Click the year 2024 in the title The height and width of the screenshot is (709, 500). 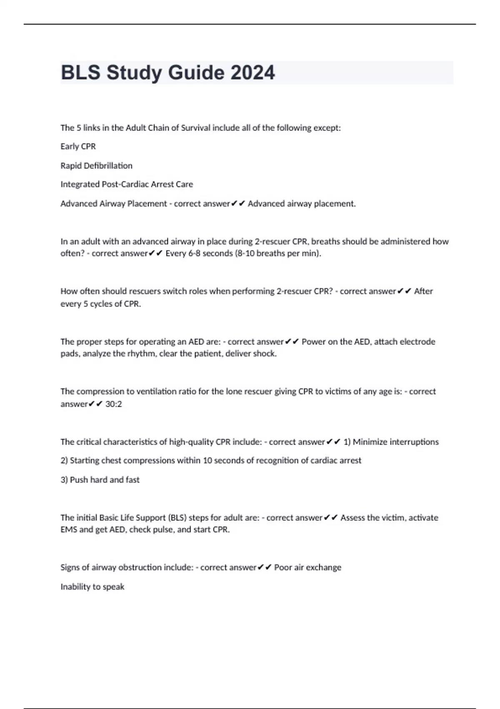[x=252, y=73]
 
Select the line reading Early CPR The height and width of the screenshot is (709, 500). [x=78, y=146]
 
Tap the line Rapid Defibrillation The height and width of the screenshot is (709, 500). [x=96, y=166]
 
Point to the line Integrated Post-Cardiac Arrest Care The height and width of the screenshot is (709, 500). [x=127, y=184]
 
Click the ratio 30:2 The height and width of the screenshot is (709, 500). [x=114, y=404]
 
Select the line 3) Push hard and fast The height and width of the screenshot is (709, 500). [x=100, y=480]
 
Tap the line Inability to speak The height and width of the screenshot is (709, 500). [x=92, y=586]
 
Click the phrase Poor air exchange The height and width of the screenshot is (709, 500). [x=307, y=567]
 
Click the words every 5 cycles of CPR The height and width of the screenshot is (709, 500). [x=100, y=304]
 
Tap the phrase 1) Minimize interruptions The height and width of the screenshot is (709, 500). [x=391, y=442]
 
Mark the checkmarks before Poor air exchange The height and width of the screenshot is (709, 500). [x=265, y=567]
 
